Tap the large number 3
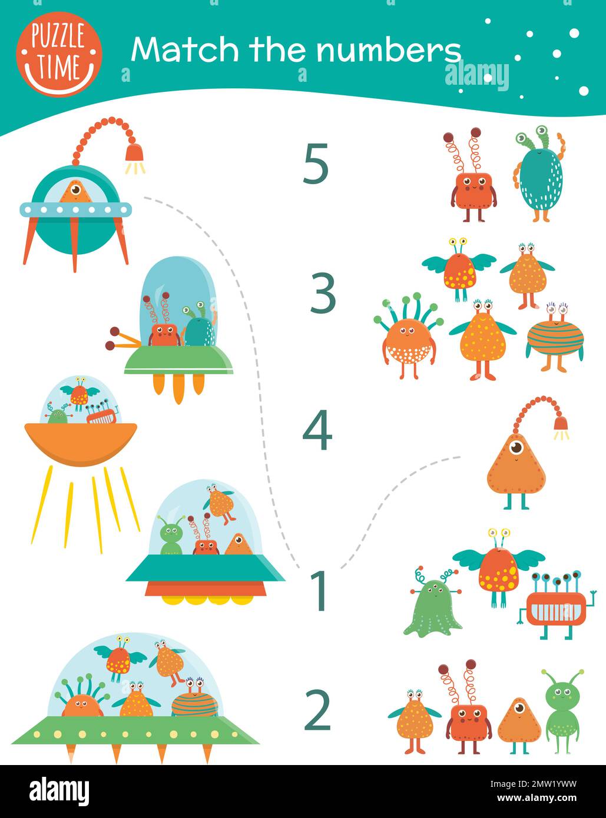323,292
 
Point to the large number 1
319,590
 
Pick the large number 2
318,710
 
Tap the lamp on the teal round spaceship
134,154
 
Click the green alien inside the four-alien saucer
171,537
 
